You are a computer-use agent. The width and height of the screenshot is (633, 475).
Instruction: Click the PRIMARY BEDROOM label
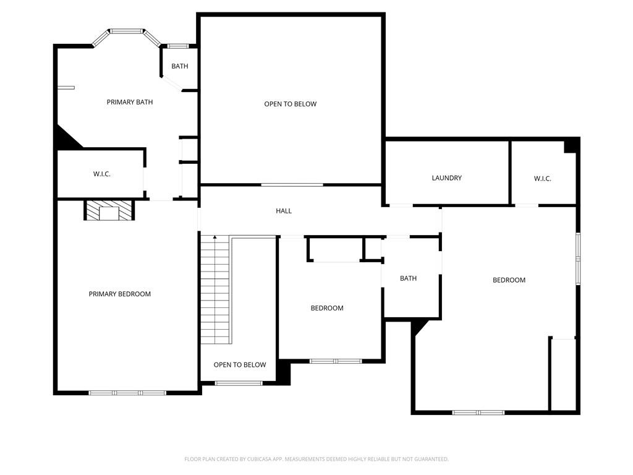119,294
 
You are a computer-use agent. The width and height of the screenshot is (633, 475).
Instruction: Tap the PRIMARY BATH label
129,102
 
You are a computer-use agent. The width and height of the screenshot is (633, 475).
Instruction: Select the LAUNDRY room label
446,178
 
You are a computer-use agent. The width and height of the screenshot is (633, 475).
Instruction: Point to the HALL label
284,211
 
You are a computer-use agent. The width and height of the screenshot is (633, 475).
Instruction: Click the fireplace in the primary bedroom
109,211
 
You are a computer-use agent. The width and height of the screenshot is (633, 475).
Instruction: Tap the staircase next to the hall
215,291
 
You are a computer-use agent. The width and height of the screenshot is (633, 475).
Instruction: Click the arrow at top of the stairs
215,237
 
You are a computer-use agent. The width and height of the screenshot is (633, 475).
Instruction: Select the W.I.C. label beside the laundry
542,179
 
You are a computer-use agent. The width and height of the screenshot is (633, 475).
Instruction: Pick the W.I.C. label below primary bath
102,174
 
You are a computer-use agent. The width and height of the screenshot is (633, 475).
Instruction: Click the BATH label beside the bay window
180,66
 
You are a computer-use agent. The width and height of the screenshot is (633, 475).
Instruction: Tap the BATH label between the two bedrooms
408,278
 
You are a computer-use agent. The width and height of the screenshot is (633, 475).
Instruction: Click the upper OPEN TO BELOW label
290,104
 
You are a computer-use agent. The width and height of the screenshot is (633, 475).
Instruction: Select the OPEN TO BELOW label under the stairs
240,365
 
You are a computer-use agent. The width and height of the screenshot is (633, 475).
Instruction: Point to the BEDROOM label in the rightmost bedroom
509,280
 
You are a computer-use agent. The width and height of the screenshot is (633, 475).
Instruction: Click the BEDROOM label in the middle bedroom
326,308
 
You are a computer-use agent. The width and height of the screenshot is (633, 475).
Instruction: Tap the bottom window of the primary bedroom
127,393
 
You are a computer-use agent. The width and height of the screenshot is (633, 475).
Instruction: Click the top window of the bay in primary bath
127,30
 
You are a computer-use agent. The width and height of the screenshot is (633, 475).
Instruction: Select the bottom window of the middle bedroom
335,361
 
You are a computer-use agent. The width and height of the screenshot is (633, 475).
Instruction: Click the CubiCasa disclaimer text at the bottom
316,459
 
